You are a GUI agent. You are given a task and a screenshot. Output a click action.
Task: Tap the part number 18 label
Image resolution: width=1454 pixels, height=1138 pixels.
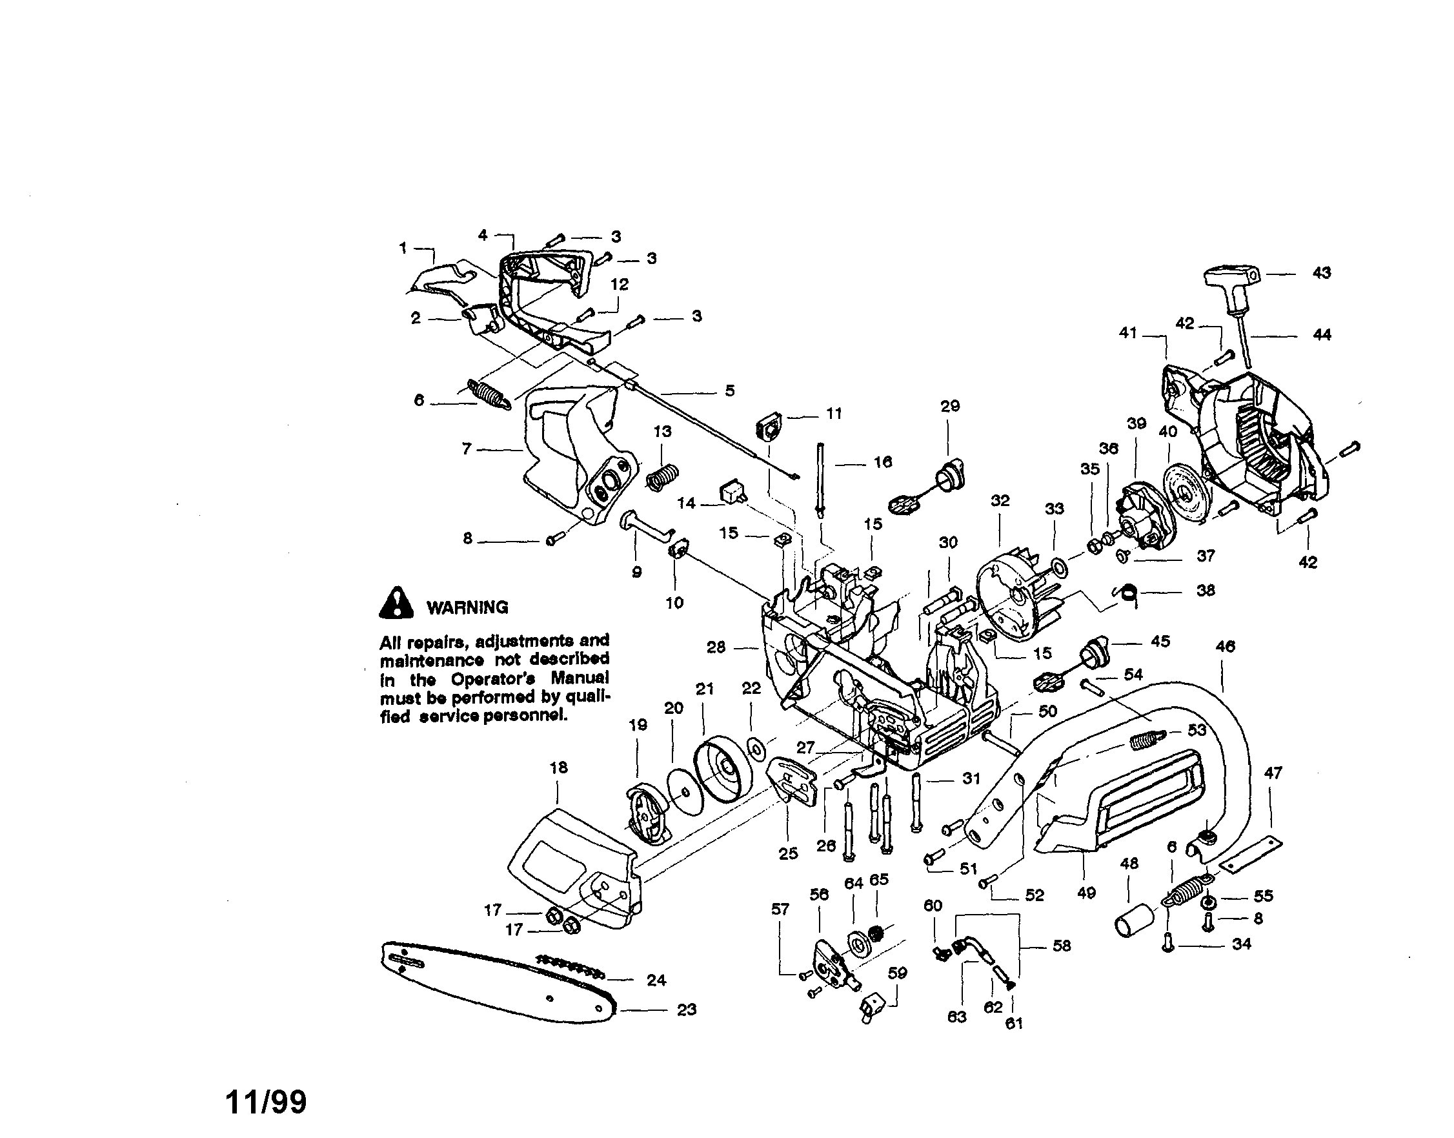(558, 767)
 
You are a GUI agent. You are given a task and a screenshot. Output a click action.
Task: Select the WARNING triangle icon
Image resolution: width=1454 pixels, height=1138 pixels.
(396, 602)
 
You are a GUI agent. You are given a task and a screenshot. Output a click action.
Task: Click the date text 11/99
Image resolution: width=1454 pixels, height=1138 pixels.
(267, 1102)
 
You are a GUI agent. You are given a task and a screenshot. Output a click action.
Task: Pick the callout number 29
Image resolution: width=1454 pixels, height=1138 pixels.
(950, 406)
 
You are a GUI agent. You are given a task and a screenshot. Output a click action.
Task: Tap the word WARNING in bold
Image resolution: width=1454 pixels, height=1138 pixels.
(467, 607)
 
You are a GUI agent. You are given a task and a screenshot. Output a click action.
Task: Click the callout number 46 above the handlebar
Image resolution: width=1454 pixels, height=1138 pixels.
(1225, 645)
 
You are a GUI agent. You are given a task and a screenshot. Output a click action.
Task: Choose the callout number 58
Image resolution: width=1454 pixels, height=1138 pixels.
(1061, 946)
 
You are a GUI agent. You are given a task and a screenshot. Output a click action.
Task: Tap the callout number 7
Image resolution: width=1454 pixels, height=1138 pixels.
(466, 449)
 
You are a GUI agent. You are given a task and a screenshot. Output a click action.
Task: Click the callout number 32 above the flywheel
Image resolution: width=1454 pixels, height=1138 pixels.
(1000, 500)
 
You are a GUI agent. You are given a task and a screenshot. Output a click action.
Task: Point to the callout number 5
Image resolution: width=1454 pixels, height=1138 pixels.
(729, 391)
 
